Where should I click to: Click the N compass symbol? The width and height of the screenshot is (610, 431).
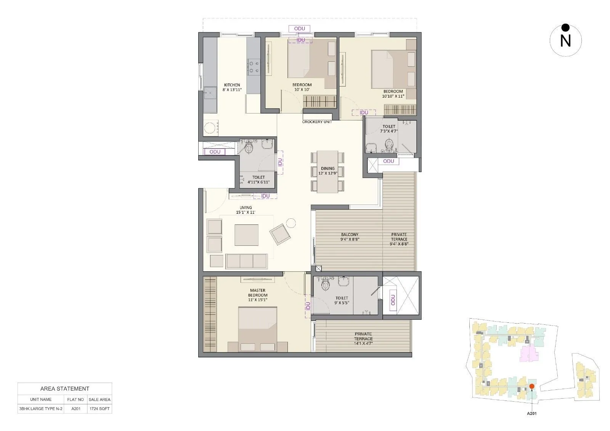pos(565,40)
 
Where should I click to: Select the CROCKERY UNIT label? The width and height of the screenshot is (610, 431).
pos(317,122)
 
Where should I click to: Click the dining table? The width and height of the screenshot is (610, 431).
pos(327,171)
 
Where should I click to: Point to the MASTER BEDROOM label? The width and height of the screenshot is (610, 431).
pos(258,293)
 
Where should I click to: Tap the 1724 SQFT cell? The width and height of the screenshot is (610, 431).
pos(99,409)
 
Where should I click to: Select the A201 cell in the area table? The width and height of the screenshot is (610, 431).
pos(75,409)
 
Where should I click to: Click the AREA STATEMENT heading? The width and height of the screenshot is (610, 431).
pos(65,389)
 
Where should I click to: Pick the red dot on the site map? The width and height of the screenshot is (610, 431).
pos(532,386)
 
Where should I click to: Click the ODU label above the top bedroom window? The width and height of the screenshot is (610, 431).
pos(299,29)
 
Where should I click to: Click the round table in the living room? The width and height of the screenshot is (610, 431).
pos(291,223)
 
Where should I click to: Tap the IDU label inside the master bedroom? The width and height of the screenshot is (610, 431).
pos(308,306)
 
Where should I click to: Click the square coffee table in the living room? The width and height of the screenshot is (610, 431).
pos(246,235)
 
